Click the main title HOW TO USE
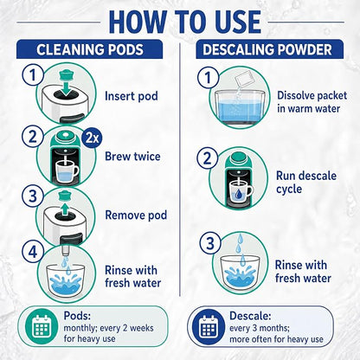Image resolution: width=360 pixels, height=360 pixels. (185, 22)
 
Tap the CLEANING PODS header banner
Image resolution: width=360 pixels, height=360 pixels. (89, 49)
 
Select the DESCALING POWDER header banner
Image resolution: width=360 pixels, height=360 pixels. (270, 49)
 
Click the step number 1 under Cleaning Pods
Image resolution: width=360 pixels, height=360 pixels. (33, 74)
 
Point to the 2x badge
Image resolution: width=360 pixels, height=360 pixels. (92, 139)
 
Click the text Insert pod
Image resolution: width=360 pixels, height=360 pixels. (132, 96)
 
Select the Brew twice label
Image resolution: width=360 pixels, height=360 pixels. (132, 157)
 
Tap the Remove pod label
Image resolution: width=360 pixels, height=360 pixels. (136, 215)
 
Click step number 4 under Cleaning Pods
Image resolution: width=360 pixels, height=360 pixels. (33, 252)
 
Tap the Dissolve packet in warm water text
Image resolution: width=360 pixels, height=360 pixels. (312, 102)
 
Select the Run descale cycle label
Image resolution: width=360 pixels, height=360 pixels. (306, 183)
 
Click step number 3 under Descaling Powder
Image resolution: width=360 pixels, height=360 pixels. (210, 243)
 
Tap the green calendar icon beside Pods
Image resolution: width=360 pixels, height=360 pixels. (42, 326)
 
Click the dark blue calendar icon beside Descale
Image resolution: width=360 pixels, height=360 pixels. (209, 327)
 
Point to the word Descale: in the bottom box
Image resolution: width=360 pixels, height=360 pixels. (250, 316)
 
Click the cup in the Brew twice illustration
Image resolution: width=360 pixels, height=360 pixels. (67, 171)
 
